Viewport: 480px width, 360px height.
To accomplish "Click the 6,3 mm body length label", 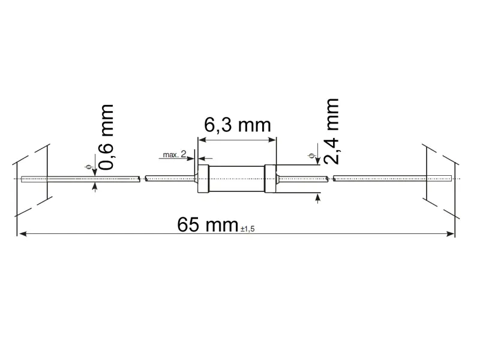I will tap(238, 125).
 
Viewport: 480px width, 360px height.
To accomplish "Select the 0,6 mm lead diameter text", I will tap(106, 137).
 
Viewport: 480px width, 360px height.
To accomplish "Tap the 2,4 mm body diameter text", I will tap(331, 131).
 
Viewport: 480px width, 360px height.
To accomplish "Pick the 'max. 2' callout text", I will tap(175, 155).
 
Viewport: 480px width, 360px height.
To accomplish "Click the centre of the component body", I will tap(238, 179).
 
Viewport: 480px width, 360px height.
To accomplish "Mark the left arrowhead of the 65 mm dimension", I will tap(22, 233).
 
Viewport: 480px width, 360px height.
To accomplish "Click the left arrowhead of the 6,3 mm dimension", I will tap(202, 140).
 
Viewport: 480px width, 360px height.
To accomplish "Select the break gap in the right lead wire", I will tap(330, 178).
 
